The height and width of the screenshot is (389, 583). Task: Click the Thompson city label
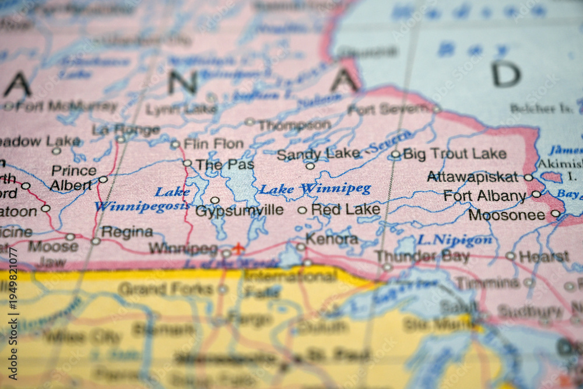click(x=294, y=125)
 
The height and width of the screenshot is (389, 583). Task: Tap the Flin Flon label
click(x=213, y=143)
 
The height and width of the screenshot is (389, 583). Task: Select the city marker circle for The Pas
click(x=187, y=163)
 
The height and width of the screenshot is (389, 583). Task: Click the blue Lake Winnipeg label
click(x=315, y=189)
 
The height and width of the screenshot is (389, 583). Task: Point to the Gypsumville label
click(x=240, y=211)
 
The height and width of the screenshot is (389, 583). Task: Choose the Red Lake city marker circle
click(x=302, y=211)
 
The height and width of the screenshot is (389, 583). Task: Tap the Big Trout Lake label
click(x=454, y=154)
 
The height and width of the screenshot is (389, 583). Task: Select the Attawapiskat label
click(x=472, y=177)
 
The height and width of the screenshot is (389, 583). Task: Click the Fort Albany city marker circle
click(x=536, y=194)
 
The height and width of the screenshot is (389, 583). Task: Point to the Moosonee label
click(x=507, y=215)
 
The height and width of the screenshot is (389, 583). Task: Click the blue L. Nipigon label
click(x=455, y=240)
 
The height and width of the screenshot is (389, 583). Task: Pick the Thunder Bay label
click(x=422, y=257)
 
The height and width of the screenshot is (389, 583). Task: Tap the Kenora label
click(x=332, y=239)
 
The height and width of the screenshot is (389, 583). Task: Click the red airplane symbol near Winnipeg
click(x=238, y=249)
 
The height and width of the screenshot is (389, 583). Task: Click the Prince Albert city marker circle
click(x=103, y=180)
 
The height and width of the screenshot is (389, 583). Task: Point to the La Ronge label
click(x=125, y=129)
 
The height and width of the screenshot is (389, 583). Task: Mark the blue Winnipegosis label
click(x=142, y=206)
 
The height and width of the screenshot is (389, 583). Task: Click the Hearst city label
click(x=544, y=257)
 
